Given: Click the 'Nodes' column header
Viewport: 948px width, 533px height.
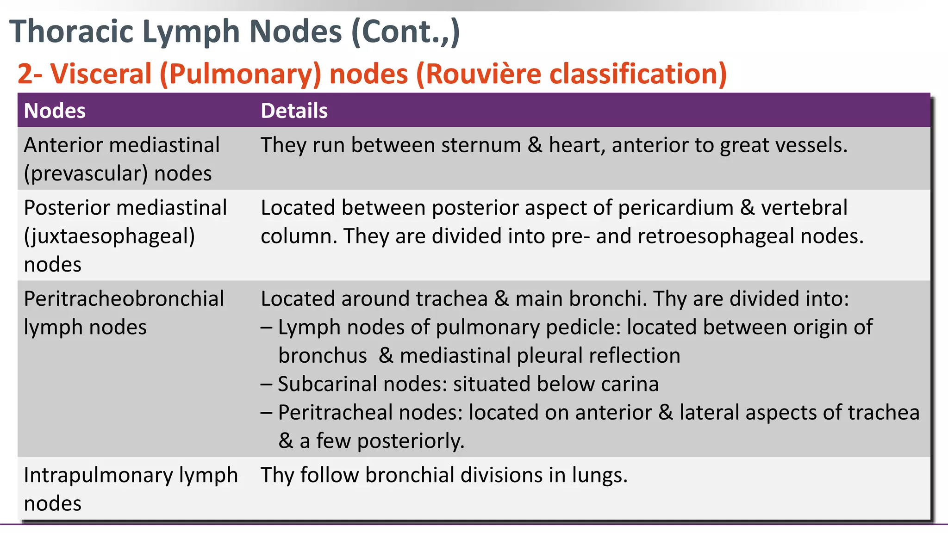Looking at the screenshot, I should point(55,111).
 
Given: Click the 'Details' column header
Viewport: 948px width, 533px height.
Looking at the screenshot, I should point(294,111).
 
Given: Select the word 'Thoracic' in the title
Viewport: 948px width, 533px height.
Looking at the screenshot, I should point(72,31).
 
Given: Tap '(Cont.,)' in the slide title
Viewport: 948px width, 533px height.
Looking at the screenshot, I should point(405,31).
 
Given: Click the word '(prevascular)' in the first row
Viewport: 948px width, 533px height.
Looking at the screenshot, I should point(86,174).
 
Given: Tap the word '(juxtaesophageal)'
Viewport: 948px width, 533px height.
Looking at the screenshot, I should point(109,236).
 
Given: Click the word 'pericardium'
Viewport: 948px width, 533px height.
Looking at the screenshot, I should point(675,208).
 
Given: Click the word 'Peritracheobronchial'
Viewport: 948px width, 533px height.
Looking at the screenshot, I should point(124,299).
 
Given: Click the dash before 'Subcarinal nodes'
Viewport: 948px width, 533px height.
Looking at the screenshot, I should point(266,384).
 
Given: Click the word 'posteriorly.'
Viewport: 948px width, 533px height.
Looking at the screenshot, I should point(411,441).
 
